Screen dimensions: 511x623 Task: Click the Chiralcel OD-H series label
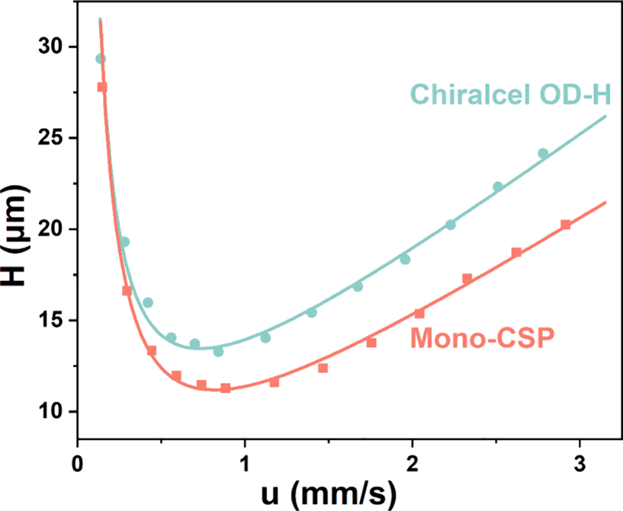510,96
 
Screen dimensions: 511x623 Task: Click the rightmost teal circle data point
543,154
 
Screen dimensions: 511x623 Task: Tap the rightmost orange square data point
566,225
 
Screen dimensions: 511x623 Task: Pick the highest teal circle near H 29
100,59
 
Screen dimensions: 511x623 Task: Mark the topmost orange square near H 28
102,87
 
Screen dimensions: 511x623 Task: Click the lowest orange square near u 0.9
226,388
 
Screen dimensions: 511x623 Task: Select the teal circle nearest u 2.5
498,187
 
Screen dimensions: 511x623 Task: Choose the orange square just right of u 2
419,314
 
